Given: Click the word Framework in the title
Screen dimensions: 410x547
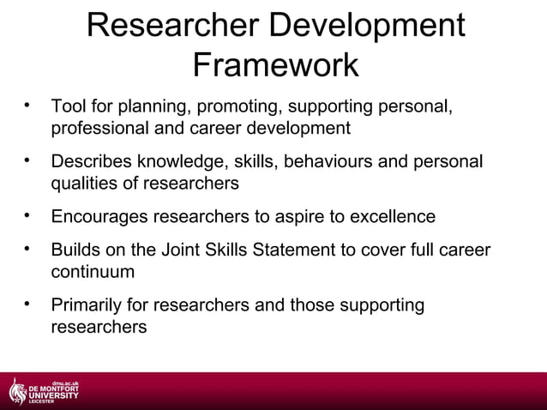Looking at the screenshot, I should click(274, 65).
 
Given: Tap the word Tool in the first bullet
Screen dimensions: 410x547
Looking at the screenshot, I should click(67, 108).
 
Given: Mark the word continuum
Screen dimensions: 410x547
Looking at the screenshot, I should click(93, 271).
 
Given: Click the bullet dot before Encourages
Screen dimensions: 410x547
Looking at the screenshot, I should click(28, 214).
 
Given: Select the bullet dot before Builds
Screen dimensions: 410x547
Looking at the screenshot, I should click(28, 249).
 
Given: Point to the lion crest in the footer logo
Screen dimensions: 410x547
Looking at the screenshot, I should click(17, 391).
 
